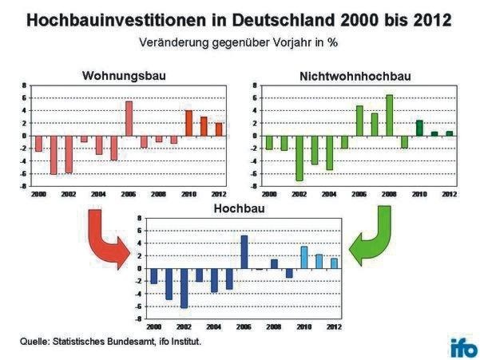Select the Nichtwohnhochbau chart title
[350, 76]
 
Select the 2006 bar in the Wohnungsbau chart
[129, 118]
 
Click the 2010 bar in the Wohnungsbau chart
[188, 123]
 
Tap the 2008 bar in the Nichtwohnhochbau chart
[389, 115]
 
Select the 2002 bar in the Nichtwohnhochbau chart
[300, 158]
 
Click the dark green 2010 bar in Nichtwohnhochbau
[419, 128]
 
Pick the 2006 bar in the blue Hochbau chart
[244, 251]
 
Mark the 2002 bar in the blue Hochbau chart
[184, 287]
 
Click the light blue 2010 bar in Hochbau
[303, 257]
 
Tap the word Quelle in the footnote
[34, 342]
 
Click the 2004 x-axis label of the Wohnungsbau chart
[98, 194]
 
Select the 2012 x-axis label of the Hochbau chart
[335, 326]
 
